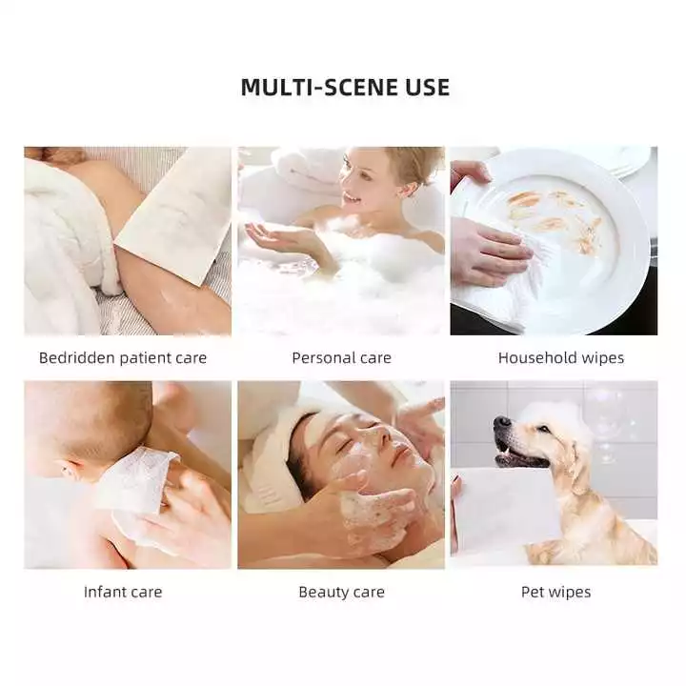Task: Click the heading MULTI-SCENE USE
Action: coord(345,87)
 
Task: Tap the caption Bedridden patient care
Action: coord(123,358)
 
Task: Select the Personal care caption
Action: coord(342,358)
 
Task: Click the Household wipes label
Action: coord(561,358)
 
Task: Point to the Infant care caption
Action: coord(123,592)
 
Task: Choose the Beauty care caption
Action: coord(342,592)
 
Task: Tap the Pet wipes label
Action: coord(556,592)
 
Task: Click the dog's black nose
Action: coord(502,423)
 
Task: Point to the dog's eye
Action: coord(542,429)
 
